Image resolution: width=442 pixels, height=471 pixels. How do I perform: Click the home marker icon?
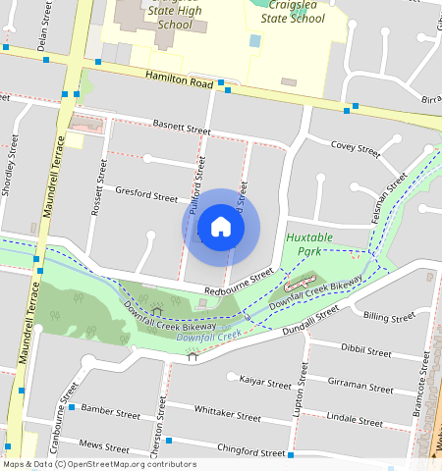pyautogui.click(x=221, y=227)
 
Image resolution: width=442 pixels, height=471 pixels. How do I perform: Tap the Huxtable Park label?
pyautogui.click(x=309, y=244)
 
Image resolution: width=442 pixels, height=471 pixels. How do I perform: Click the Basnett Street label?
pyautogui.click(x=183, y=128)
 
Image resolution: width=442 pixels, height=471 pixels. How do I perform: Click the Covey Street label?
pyautogui.click(x=356, y=148)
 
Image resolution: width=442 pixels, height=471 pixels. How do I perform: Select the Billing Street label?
pyautogui.click(x=389, y=317)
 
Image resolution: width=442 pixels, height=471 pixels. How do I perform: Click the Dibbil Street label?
pyautogui.click(x=366, y=348)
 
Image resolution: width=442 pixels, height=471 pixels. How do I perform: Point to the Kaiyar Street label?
pyautogui.click(x=266, y=376)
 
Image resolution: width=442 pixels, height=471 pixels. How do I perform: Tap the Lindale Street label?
pyautogui.click(x=355, y=418)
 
